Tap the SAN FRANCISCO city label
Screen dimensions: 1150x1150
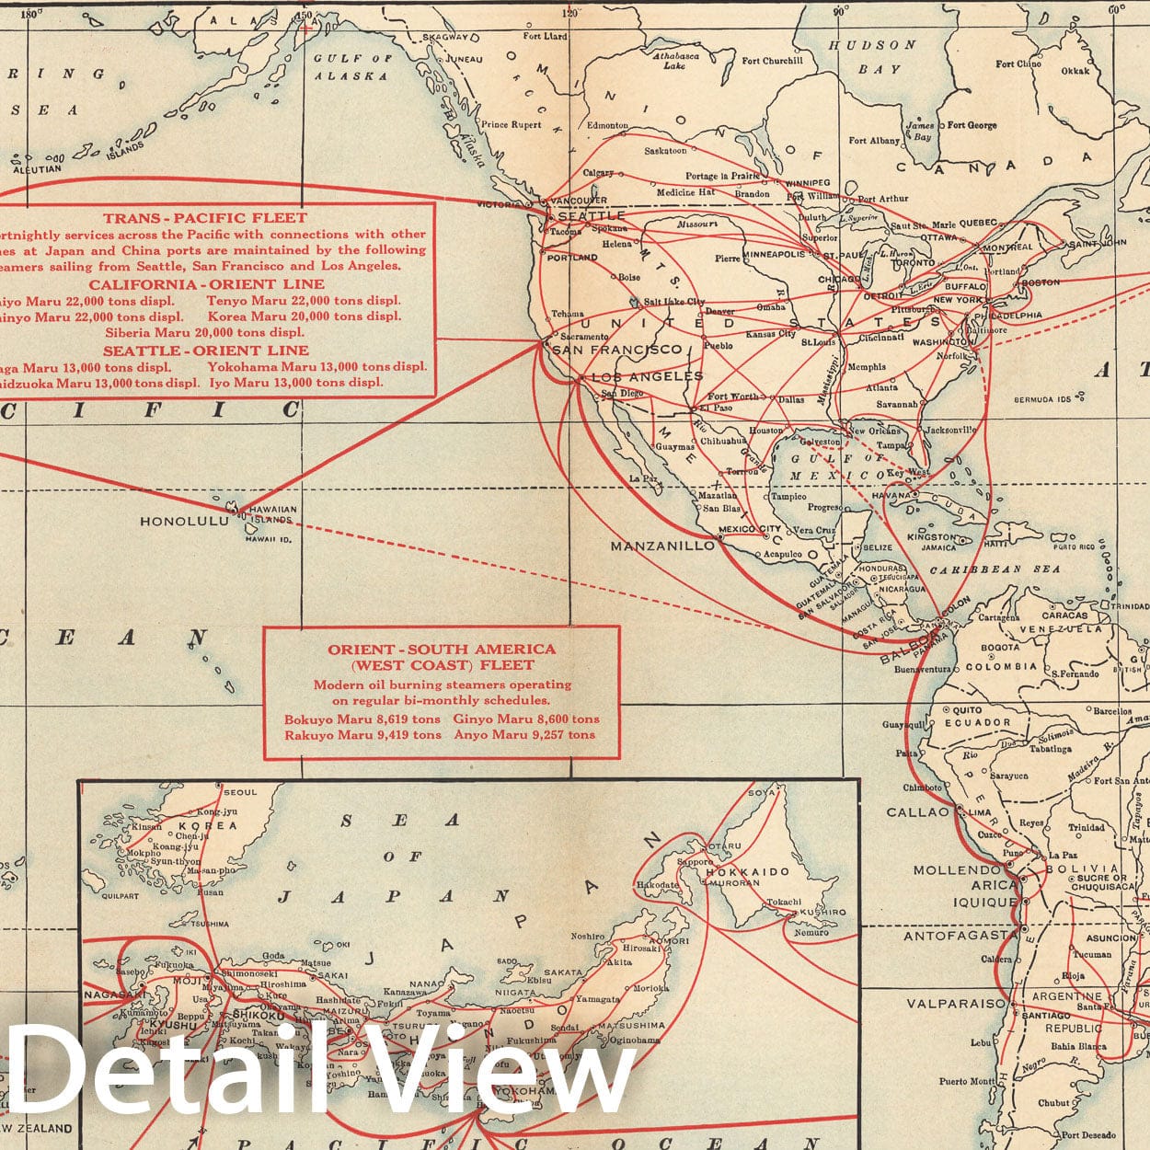pos(617,350)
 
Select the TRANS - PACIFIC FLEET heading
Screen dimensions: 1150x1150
pos(204,218)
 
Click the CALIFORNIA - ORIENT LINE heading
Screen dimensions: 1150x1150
pos(206,284)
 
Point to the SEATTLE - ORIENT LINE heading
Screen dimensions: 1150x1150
pos(206,351)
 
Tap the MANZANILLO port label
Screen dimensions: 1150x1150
pos(662,546)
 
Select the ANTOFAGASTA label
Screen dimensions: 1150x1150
pos(960,936)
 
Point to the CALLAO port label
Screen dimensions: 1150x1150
pos(916,812)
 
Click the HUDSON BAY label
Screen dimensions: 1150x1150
pos(872,56)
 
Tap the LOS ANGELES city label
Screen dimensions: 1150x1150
pos(647,376)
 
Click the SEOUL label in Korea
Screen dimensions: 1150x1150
pos(239,792)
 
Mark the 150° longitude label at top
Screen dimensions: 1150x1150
pos(304,13)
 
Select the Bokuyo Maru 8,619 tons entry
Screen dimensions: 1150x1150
pos(362,719)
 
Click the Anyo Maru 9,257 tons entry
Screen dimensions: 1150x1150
pos(525,735)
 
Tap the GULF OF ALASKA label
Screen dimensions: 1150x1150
pos(352,67)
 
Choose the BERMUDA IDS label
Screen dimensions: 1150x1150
pos(1042,400)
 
